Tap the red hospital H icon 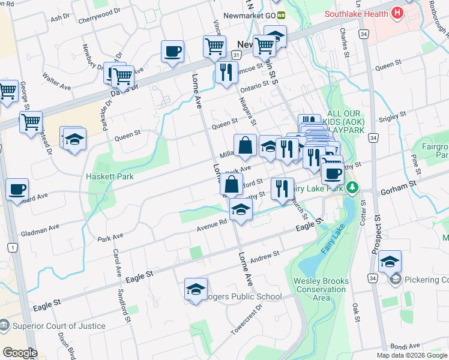click(396, 13)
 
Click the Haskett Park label click(109, 176)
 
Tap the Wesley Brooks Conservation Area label click(320, 289)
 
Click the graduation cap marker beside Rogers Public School click(196, 289)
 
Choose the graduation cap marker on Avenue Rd click(241, 209)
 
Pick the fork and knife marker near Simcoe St click(225, 73)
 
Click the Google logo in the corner click(20, 353)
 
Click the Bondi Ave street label click(406, 346)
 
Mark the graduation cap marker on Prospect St click(390, 262)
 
